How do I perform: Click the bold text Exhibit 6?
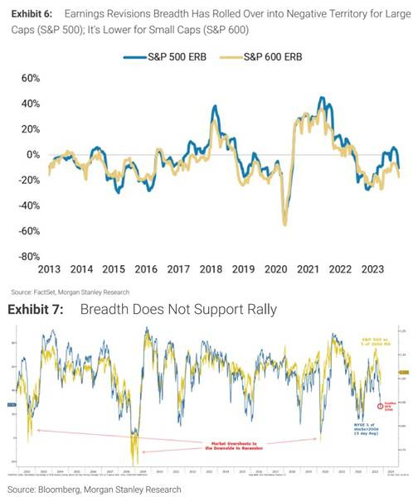[x=33, y=15]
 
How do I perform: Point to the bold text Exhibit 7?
[x=38, y=309]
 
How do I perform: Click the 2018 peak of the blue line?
[x=215, y=108]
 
